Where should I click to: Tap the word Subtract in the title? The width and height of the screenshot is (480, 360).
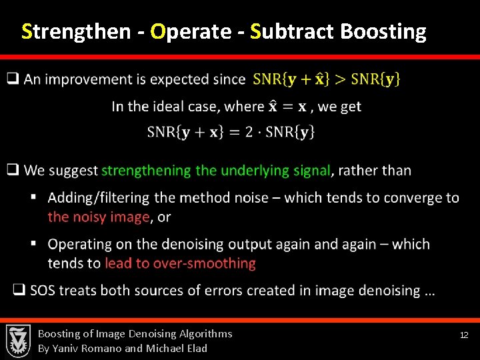[x=293, y=31]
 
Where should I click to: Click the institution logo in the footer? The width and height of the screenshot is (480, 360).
[x=18, y=341]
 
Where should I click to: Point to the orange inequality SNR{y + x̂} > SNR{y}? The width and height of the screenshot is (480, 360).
[x=327, y=79]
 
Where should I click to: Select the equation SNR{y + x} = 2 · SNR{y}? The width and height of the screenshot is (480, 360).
[x=231, y=131]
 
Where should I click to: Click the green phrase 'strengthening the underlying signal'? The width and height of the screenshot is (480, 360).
[x=216, y=171]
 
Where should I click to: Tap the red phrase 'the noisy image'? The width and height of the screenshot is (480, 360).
[x=98, y=217]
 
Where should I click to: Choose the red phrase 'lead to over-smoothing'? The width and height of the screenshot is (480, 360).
[x=180, y=263]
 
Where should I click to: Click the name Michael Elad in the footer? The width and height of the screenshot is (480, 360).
[x=176, y=348]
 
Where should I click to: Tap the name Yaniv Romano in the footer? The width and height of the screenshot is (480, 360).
[x=88, y=348]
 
